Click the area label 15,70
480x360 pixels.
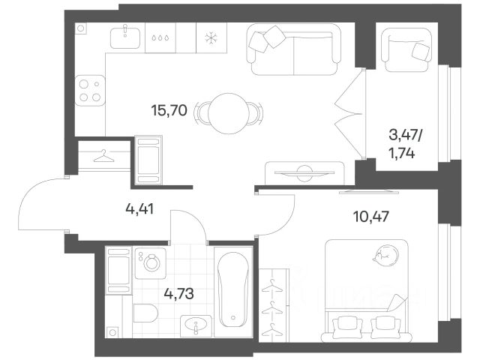tap(169, 110)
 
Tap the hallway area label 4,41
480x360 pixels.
tap(139, 209)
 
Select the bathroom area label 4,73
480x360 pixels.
tap(178, 294)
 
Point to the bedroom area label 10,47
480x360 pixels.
tap(371, 217)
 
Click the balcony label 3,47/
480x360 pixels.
tap(405, 135)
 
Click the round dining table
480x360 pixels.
tap(228, 113)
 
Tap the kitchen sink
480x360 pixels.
tap(125, 38)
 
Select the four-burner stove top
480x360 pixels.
tap(90, 91)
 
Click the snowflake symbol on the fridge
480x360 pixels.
tap(211, 38)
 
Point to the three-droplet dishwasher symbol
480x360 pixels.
tap(160, 38)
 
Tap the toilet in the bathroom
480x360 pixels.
tap(145, 313)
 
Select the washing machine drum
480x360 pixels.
tap(151, 262)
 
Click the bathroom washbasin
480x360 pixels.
tap(196, 325)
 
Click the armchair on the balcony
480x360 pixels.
tap(406, 50)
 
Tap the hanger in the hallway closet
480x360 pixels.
tap(103, 156)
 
